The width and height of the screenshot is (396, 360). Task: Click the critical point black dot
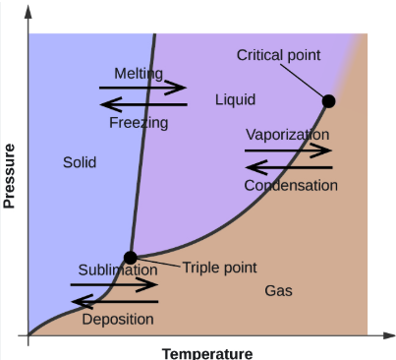pos(328,100)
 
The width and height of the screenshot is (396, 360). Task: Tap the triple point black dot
pos(130,258)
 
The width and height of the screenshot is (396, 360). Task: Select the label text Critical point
pos(278,55)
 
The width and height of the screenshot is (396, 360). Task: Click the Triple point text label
pos(219,267)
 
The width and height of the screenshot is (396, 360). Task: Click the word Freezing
pos(139,123)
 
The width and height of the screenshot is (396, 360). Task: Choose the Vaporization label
pos(287,134)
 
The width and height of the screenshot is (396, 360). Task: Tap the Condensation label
pos(291,185)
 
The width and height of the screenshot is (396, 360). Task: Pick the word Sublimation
pos(118,270)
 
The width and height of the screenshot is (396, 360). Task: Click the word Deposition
pos(118,319)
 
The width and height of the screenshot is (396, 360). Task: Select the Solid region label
pos(80,162)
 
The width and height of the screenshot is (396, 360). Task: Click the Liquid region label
pos(235,100)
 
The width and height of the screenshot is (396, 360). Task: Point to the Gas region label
pos(278,290)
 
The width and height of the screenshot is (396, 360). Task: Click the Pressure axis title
pos(11,177)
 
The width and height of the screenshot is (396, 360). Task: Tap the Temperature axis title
pos(207,353)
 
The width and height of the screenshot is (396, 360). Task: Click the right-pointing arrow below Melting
pos(143,88)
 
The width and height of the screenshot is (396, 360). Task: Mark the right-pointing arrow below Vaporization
pos(289,150)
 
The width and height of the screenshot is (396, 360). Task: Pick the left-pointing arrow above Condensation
pos(289,166)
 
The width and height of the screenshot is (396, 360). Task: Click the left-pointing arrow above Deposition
pos(114,301)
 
